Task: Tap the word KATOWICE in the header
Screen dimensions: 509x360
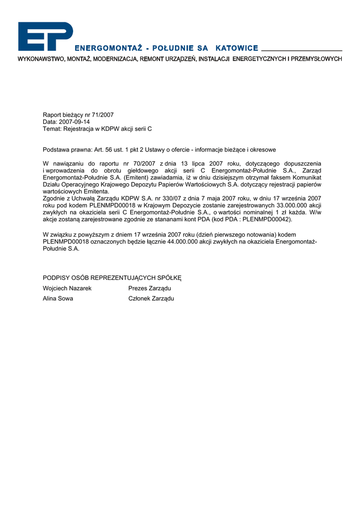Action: point(237,48)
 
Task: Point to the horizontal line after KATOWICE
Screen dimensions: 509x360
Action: point(301,50)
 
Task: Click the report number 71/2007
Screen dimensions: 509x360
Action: point(103,115)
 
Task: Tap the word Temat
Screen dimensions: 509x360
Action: point(51,129)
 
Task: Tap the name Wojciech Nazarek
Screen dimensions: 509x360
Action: point(67,288)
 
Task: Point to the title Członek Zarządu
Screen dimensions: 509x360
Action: point(151,299)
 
